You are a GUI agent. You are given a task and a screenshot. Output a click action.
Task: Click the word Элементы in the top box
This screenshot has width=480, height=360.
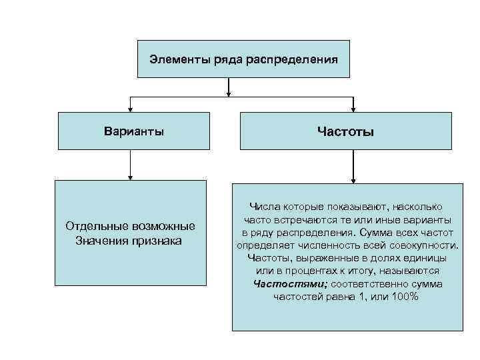[172, 59]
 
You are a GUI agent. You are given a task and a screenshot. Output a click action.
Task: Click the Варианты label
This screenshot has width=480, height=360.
[134, 131]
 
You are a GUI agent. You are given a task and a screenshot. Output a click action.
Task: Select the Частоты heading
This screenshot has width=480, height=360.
[346, 131]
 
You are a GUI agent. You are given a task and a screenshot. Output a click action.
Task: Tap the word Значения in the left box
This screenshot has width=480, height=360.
[99, 240]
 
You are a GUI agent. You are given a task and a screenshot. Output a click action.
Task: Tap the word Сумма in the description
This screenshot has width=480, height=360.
[372, 233]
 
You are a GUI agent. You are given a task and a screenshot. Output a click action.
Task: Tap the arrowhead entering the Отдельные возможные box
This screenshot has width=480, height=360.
[131, 177]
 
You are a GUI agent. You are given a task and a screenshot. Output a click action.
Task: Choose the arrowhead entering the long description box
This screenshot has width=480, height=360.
[353, 179]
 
